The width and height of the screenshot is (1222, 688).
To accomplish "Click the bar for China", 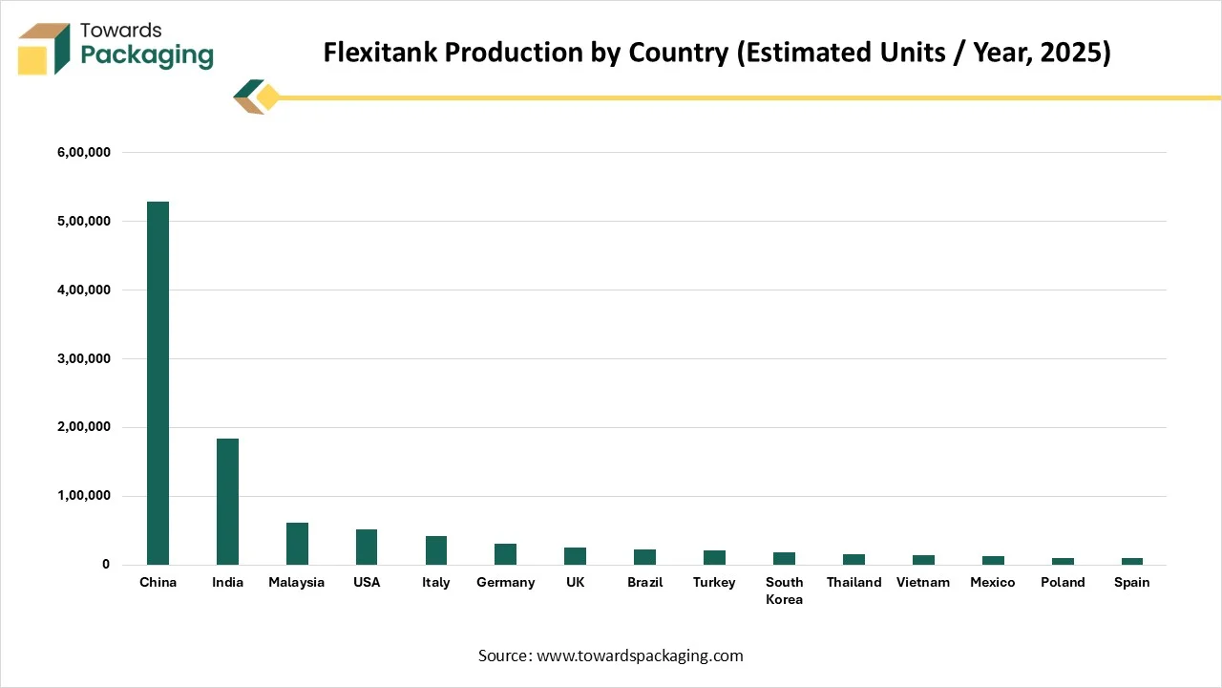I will tap(158, 383).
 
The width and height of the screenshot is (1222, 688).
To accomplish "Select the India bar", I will tap(227, 502).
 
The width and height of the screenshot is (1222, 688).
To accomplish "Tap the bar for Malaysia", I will tap(297, 544).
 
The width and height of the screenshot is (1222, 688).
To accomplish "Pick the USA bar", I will tap(367, 547).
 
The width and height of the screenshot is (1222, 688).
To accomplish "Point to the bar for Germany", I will tap(506, 554).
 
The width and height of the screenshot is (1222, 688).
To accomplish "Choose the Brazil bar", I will tap(644, 557).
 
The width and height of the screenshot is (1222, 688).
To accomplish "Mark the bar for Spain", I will tap(1131, 561).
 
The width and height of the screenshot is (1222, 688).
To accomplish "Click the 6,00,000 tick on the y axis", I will tap(85, 153).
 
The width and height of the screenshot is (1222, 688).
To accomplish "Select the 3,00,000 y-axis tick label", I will tap(85, 359).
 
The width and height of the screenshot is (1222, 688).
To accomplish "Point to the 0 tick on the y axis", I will tap(106, 565).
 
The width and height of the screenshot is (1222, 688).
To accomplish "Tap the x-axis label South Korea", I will tap(784, 591).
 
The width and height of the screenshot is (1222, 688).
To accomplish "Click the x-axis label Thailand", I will tap(853, 583).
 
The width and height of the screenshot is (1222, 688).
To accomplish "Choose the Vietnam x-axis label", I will tap(923, 583).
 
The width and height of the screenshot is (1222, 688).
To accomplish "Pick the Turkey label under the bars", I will tap(714, 583).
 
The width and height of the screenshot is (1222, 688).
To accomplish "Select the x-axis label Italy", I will tap(436, 583).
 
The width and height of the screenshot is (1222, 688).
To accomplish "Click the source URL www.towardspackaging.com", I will tap(640, 656).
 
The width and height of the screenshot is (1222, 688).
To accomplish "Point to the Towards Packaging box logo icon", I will tap(44, 49).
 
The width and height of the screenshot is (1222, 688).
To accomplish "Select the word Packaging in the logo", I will tap(147, 55).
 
